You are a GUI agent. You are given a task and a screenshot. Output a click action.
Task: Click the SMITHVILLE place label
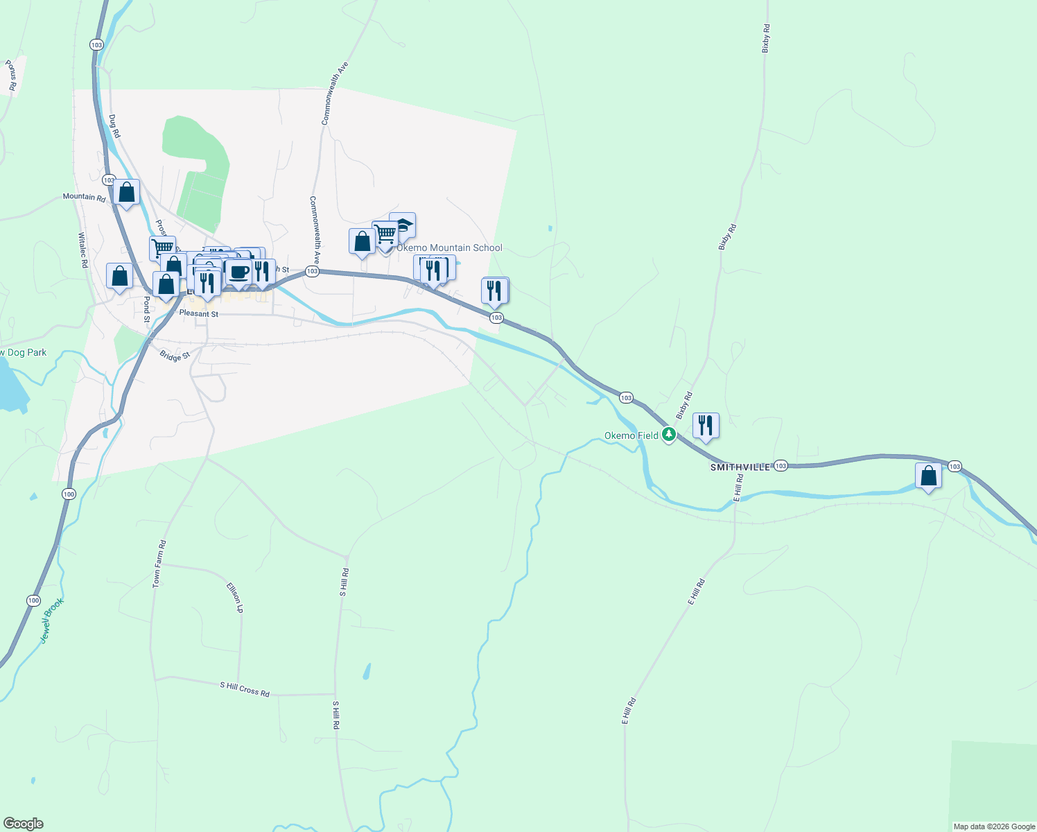coord(740,468)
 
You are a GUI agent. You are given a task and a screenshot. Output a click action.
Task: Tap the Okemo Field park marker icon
coord(668,435)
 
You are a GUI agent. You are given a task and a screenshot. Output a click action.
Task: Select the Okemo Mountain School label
coord(449,248)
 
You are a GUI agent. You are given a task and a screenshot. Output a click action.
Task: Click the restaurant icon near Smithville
coord(706,425)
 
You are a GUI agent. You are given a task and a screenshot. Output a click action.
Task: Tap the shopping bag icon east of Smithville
coord(928,476)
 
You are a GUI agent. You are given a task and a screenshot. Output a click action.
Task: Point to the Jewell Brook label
coord(52,621)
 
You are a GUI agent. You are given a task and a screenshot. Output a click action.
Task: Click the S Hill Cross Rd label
coord(245,689)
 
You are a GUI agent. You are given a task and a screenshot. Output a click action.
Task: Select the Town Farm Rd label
coord(159,564)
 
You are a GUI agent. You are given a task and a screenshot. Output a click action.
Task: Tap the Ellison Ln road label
coord(235,597)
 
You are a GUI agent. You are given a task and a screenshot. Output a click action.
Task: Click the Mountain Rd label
coord(84,197)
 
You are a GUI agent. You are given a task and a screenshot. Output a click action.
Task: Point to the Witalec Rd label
coord(83,250)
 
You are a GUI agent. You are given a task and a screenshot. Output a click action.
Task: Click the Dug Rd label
coord(114,125)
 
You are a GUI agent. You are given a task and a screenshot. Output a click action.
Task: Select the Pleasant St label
coord(198,314)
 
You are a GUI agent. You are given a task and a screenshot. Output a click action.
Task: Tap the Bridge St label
coord(175,356)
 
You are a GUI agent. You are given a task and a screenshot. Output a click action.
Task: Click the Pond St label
coord(146,309)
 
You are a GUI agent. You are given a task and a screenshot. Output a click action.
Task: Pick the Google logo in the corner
coord(23,824)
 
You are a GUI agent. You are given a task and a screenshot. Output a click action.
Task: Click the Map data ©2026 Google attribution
coord(994,826)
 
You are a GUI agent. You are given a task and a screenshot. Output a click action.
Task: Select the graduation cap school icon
coord(403,225)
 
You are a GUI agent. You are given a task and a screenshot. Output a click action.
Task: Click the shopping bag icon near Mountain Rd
coord(127,192)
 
